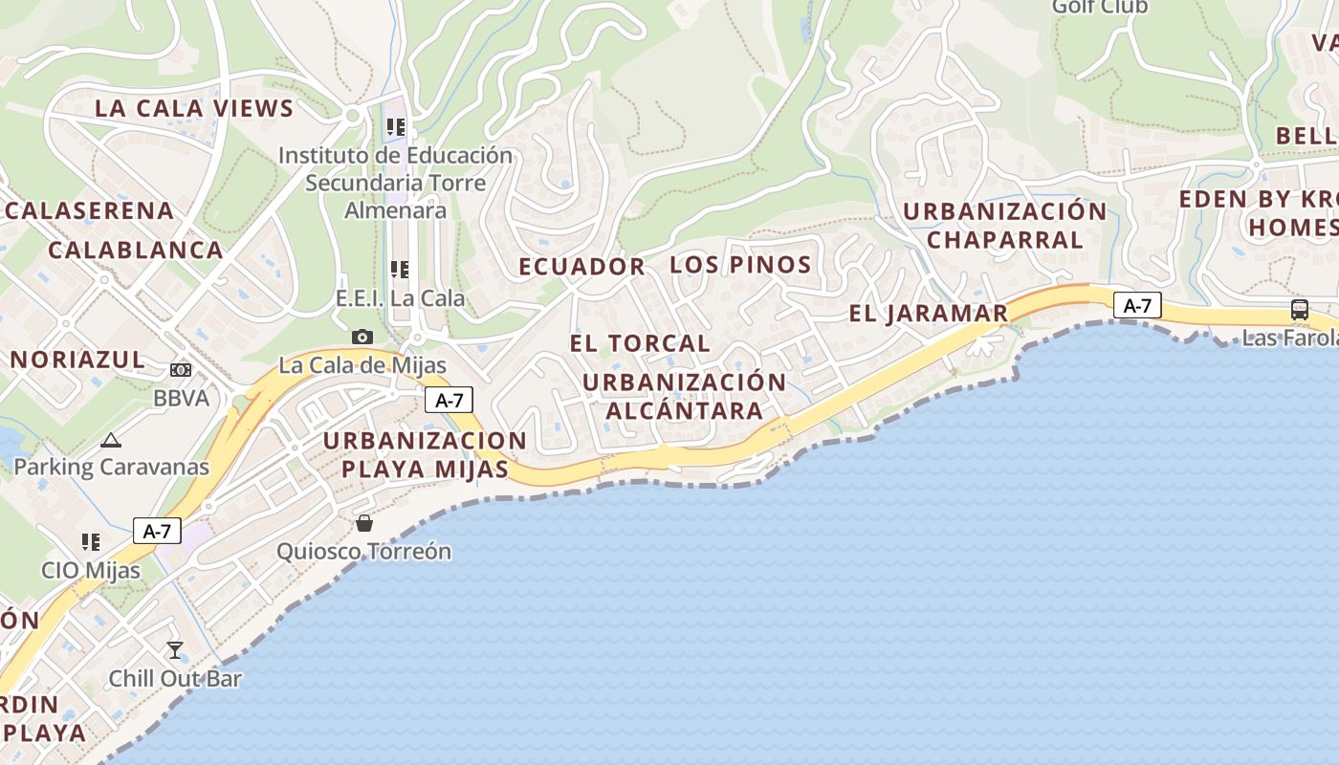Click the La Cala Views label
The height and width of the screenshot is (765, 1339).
pos(194,108)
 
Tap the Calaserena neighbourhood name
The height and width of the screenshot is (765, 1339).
pos(90,210)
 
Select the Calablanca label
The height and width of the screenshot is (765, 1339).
pos(135,250)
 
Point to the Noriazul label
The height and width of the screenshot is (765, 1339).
pos(77,360)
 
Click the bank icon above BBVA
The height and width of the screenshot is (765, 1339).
pos(181,369)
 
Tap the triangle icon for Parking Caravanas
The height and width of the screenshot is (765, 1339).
pos(111,441)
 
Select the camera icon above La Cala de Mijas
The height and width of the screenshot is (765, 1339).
pos(362,337)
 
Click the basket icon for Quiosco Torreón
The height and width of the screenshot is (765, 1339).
pos(364,522)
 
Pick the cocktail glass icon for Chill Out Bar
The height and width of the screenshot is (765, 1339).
pos(175,650)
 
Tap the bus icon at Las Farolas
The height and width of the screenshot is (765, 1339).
pos(1299,309)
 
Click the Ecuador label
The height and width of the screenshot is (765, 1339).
pos(582,267)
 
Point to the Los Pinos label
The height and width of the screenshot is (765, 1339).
pos(740,265)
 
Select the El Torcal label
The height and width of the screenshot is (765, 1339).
pos(640,343)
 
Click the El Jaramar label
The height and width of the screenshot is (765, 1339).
pos(929,313)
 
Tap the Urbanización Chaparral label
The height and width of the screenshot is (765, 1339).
pos(1004,225)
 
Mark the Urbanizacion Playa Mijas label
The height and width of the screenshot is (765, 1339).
pos(425,455)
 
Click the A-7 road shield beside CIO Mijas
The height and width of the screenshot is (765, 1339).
pos(157,531)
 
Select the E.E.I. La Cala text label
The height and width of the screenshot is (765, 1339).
pos(400,298)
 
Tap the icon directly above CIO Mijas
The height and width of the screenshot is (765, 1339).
pos(91,542)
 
